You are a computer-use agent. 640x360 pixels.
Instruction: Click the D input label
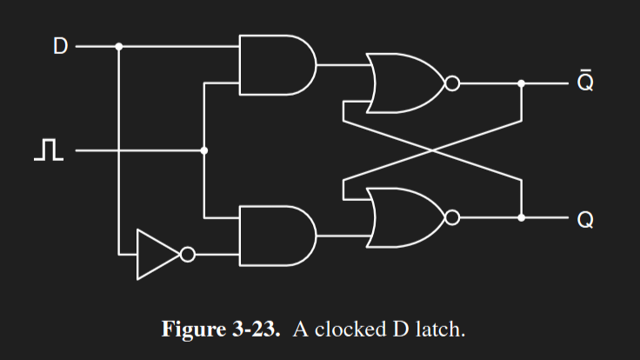tap(59, 46)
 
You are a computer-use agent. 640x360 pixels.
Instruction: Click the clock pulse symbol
tap(49, 151)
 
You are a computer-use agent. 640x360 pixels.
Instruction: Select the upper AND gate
tap(275, 65)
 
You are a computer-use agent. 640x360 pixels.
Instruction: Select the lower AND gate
tap(275, 236)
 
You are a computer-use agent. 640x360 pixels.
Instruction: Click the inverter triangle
tap(157, 255)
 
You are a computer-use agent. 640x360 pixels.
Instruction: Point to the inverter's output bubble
tap(186, 255)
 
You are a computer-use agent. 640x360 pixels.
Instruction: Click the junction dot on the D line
tap(119, 46)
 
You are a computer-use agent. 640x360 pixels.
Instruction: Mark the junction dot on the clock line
tap(204, 150)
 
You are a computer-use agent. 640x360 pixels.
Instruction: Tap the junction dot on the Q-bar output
tap(522, 84)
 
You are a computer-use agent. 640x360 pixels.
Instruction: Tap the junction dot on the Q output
tap(522, 217)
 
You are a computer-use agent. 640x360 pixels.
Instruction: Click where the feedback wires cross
tap(432, 150)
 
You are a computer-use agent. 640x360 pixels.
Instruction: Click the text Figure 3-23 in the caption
tap(221, 330)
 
